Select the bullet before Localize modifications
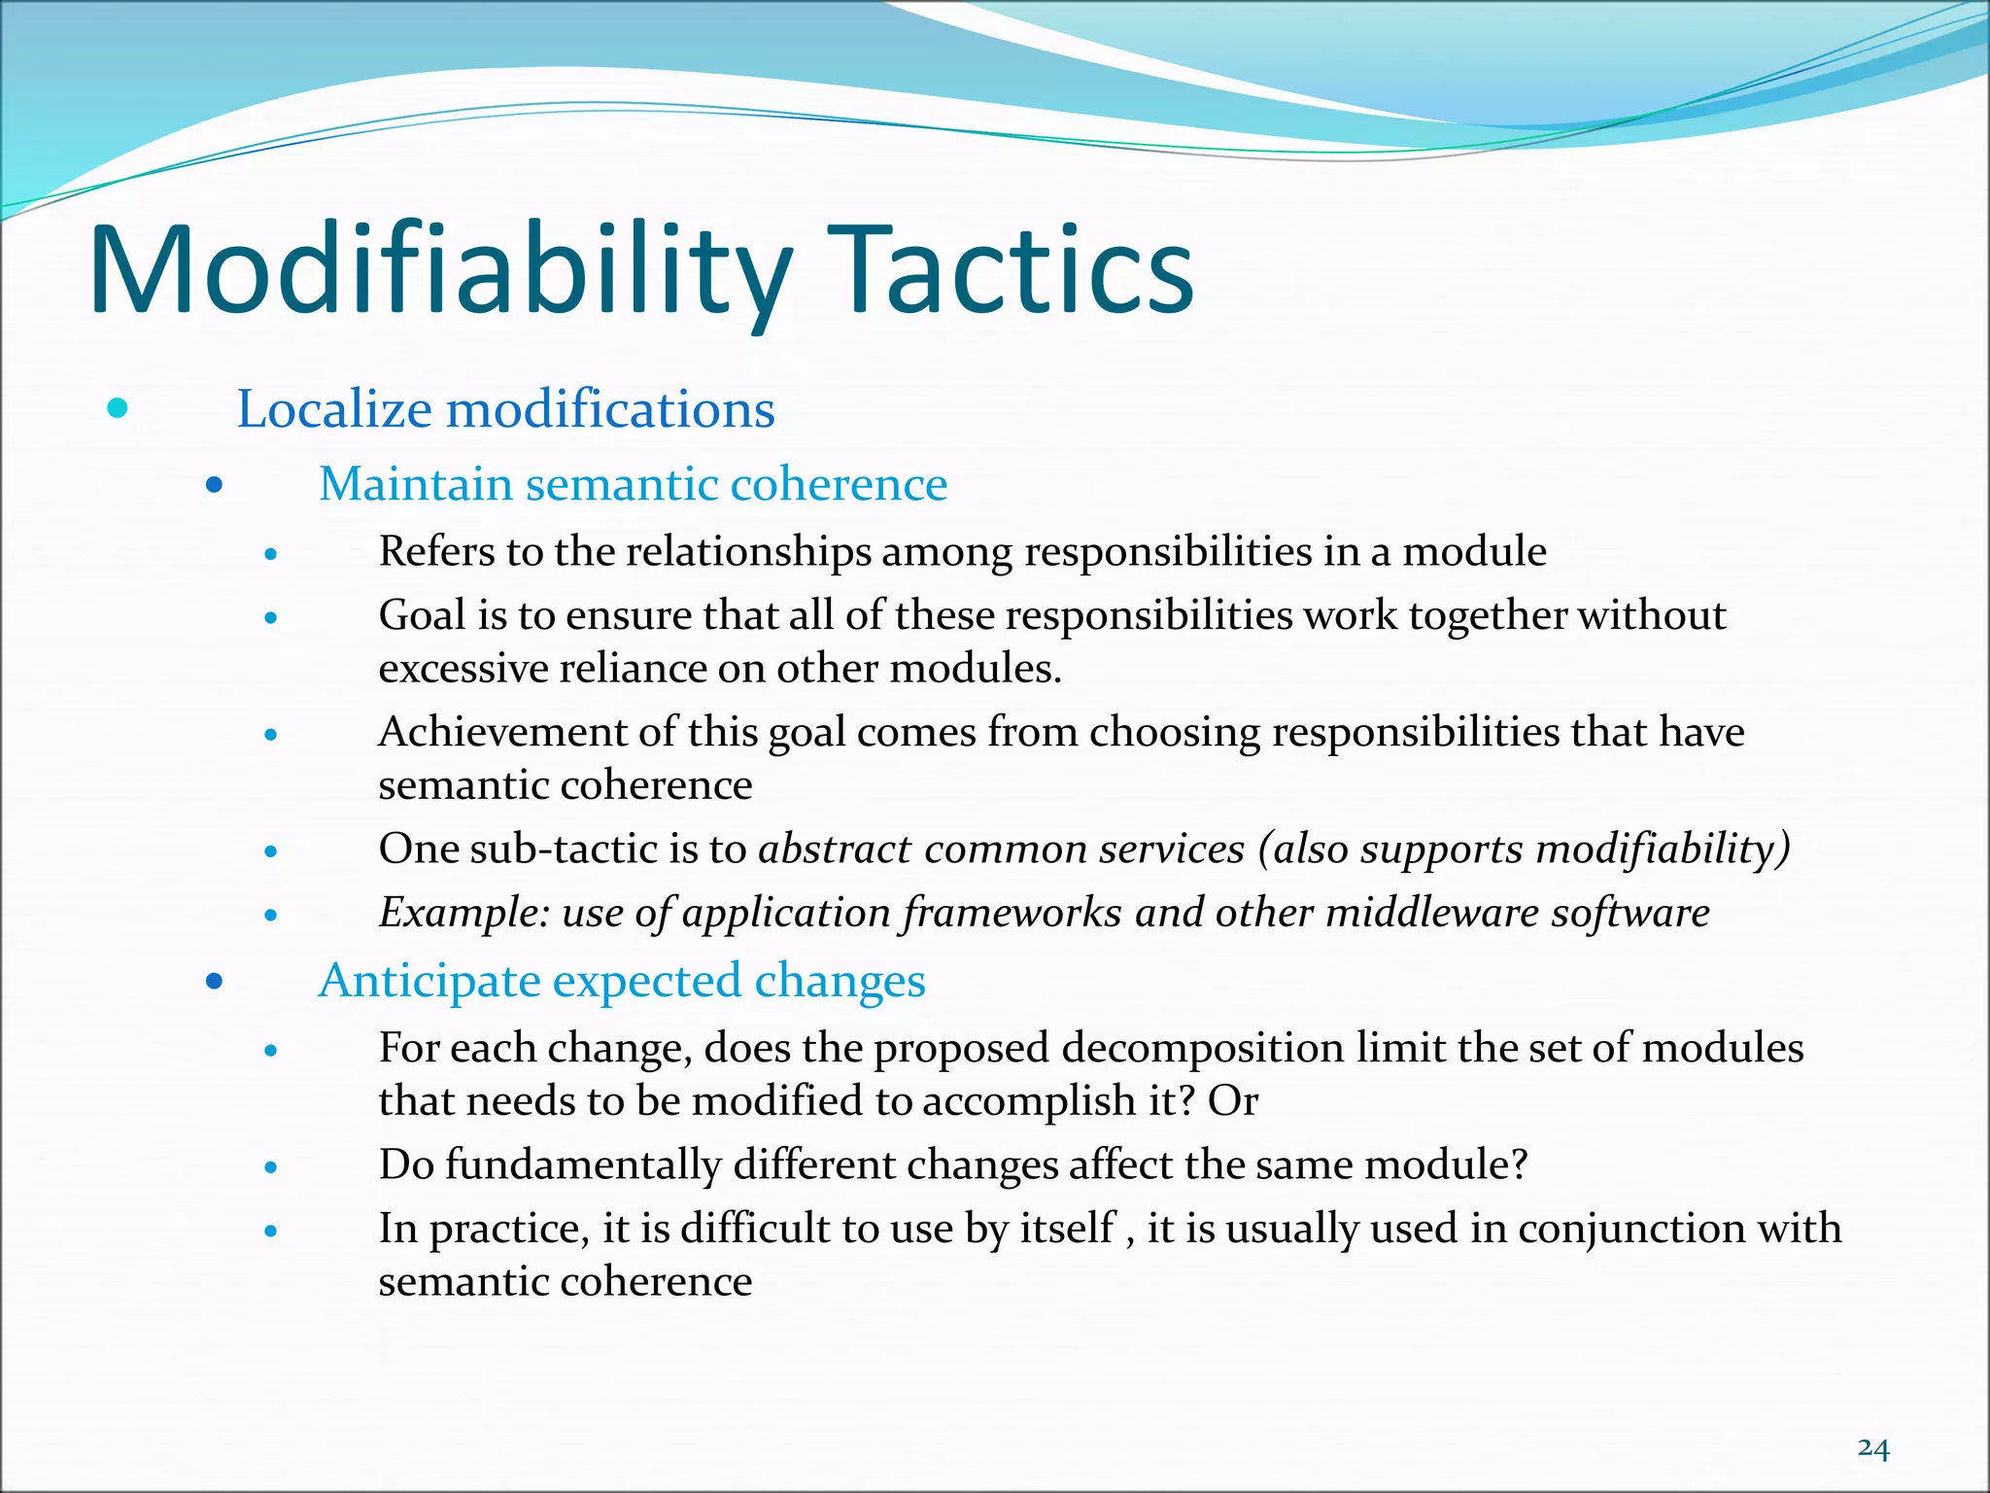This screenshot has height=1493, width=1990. [x=118, y=409]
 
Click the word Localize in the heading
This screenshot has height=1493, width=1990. [x=334, y=409]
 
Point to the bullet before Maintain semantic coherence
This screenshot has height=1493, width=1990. [x=215, y=484]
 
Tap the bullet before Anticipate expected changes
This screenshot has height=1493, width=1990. [x=215, y=982]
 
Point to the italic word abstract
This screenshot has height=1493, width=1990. [x=834, y=850]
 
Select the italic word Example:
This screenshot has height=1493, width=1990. [x=464, y=914]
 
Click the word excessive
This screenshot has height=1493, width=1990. [x=463, y=670]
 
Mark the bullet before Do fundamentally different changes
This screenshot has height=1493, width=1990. [x=271, y=1167]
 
